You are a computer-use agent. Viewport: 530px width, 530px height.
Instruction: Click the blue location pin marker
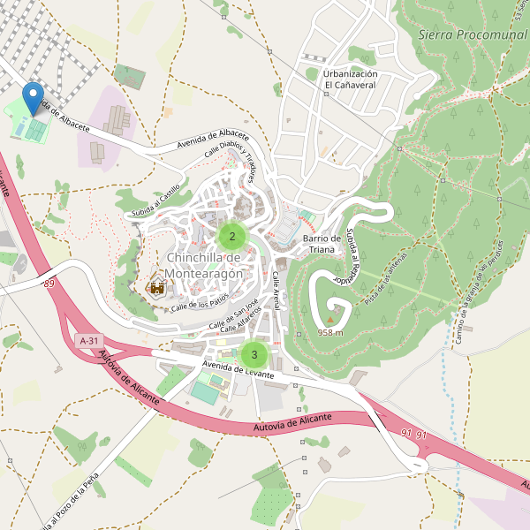(34, 97)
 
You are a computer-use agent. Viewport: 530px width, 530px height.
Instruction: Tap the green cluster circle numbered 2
(232, 237)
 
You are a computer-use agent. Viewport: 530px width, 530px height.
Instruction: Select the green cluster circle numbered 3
(254, 355)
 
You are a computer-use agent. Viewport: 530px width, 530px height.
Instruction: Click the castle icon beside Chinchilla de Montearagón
(158, 287)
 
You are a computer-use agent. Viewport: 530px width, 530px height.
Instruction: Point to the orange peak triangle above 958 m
(331, 320)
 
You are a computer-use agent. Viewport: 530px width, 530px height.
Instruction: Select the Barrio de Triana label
(322, 244)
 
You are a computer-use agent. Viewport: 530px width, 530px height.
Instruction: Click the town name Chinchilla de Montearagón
(204, 266)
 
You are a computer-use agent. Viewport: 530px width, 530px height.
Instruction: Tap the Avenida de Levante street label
(237, 369)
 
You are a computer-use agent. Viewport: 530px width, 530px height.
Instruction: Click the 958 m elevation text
(330, 333)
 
